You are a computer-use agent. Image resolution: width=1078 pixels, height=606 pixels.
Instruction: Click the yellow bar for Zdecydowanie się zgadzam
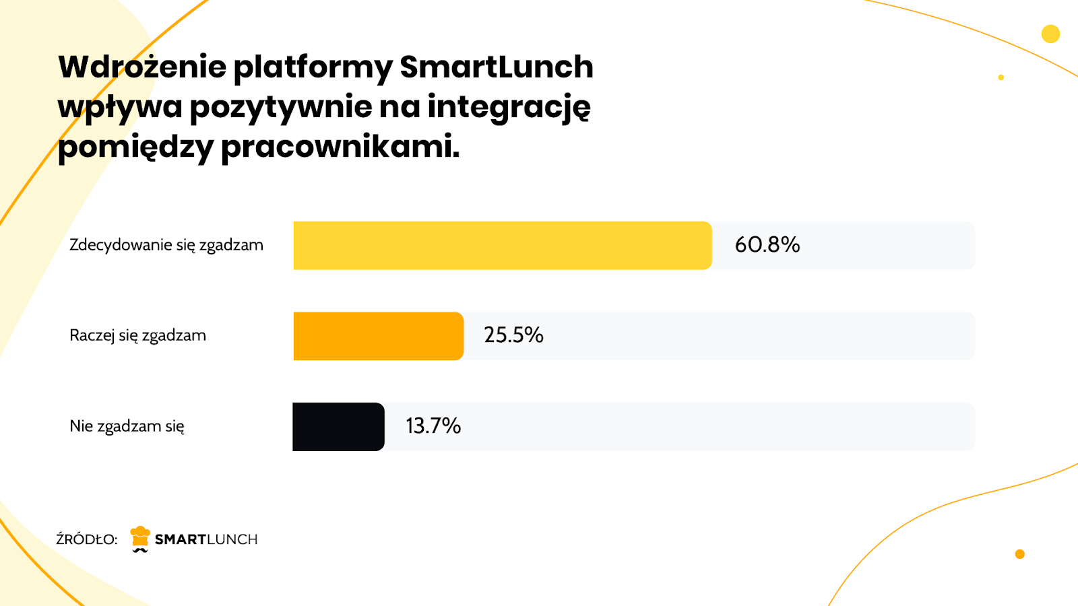(502, 246)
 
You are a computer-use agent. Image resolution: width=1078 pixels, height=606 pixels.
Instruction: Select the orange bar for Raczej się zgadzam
(378, 336)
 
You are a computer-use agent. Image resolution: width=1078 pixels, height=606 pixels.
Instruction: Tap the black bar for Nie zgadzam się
(338, 427)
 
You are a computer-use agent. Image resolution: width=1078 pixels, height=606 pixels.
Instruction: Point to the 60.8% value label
(767, 244)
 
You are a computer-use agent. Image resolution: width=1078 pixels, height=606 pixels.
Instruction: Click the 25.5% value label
(513, 335)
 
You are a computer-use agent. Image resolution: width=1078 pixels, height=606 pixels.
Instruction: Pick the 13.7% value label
(433, 426)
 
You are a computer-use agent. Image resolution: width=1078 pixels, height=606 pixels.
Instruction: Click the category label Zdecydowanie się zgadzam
(166, 245)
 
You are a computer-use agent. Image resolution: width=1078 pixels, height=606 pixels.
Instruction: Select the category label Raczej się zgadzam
(137, 335)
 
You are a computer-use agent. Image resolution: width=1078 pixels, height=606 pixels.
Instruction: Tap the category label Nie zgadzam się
(127, 426)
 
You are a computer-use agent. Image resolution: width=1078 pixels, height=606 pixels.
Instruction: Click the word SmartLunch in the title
(497, 67)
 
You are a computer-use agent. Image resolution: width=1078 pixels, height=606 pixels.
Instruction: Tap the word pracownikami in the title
(340, 147)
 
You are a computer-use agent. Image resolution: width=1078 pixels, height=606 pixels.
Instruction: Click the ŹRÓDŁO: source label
(86, 539)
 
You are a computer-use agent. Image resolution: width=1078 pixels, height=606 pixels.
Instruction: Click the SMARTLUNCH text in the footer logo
(206, 539)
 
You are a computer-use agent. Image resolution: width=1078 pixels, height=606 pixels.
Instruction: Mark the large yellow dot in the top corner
(1050, 34)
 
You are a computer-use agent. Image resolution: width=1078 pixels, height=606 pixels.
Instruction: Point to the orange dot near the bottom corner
(1019, 554)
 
